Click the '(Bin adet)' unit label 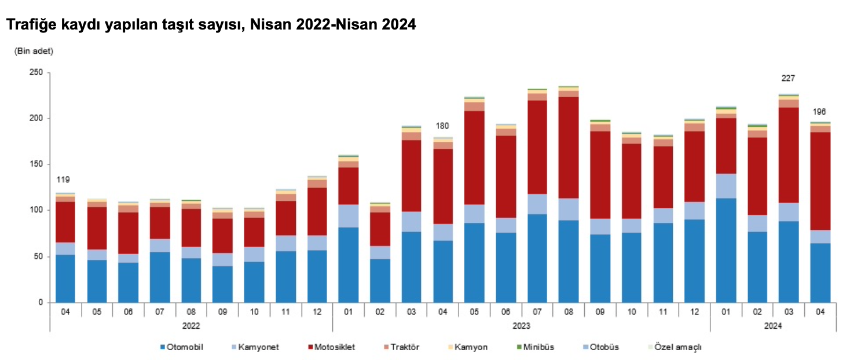(x=34, y=52)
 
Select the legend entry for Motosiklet (x=332, y=347)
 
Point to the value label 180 (x=442, y=126)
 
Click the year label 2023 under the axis (x=521, y=326)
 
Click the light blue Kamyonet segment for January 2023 (x=348, y=215)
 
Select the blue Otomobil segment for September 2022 (x=222, y=284)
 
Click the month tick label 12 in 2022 (x=317, y=311)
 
